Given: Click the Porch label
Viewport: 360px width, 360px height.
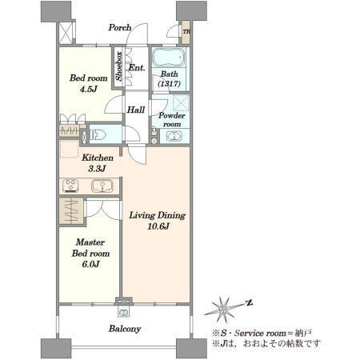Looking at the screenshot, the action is point(120,27).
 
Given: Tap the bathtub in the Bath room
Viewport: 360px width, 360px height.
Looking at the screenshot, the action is point(169,58).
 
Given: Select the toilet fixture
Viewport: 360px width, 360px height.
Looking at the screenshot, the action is point(98,135).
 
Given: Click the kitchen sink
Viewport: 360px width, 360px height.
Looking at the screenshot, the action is point(102,186).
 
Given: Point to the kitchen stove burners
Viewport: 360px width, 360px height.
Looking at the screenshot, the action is point(70,186).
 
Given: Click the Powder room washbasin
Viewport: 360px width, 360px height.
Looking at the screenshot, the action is point(174,136).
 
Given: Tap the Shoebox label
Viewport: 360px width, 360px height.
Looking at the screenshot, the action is point(119,66).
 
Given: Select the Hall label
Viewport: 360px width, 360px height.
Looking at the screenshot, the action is point(136,110).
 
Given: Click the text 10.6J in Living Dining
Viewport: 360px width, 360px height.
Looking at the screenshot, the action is point(158,226).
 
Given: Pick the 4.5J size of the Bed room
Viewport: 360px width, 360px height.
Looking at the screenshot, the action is point(89,89).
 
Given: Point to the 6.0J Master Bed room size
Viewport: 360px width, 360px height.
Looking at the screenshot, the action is point(90,264).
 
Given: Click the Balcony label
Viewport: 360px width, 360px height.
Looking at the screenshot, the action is point(125,329).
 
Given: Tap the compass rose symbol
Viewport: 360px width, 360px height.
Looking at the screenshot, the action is point(223,310).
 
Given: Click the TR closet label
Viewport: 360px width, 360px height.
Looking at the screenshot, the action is point(186,31).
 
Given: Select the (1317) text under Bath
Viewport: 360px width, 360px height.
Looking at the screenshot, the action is point(169,83).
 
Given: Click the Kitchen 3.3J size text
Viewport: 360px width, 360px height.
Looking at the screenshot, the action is point(97,169).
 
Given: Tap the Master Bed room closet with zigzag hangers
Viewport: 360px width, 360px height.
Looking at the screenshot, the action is point(71,211).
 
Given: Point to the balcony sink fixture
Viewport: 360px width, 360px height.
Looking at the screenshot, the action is point(123,312).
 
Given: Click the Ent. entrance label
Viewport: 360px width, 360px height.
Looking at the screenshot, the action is point(137,68).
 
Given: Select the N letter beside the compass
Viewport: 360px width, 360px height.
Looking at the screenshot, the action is point(250,302).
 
